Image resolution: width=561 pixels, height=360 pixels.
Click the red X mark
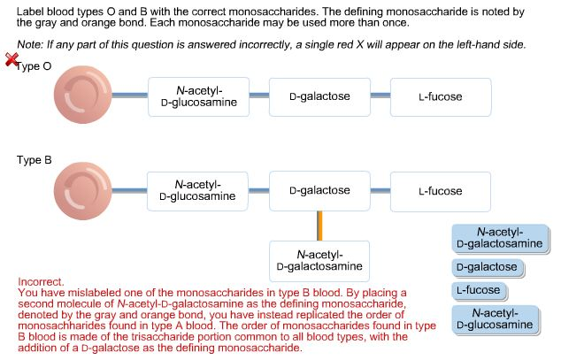12,59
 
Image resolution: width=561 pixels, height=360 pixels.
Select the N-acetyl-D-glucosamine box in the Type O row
198,96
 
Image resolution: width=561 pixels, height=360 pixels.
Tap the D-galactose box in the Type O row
319,96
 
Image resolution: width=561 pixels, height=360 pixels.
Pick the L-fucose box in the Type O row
441,96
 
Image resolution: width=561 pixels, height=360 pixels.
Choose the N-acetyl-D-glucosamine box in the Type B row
198,191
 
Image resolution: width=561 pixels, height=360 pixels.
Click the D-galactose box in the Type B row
319,191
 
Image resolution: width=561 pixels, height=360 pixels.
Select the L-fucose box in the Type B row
441,191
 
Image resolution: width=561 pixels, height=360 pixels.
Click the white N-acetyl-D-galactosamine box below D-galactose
319,260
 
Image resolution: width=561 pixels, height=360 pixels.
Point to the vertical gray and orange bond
319,225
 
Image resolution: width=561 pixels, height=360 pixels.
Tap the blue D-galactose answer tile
487,267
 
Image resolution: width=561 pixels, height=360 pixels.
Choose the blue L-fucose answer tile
479,290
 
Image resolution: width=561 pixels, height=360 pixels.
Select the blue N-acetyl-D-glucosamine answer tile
495,319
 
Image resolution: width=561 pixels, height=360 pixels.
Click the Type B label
34,161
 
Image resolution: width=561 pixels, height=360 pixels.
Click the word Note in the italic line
28,44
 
